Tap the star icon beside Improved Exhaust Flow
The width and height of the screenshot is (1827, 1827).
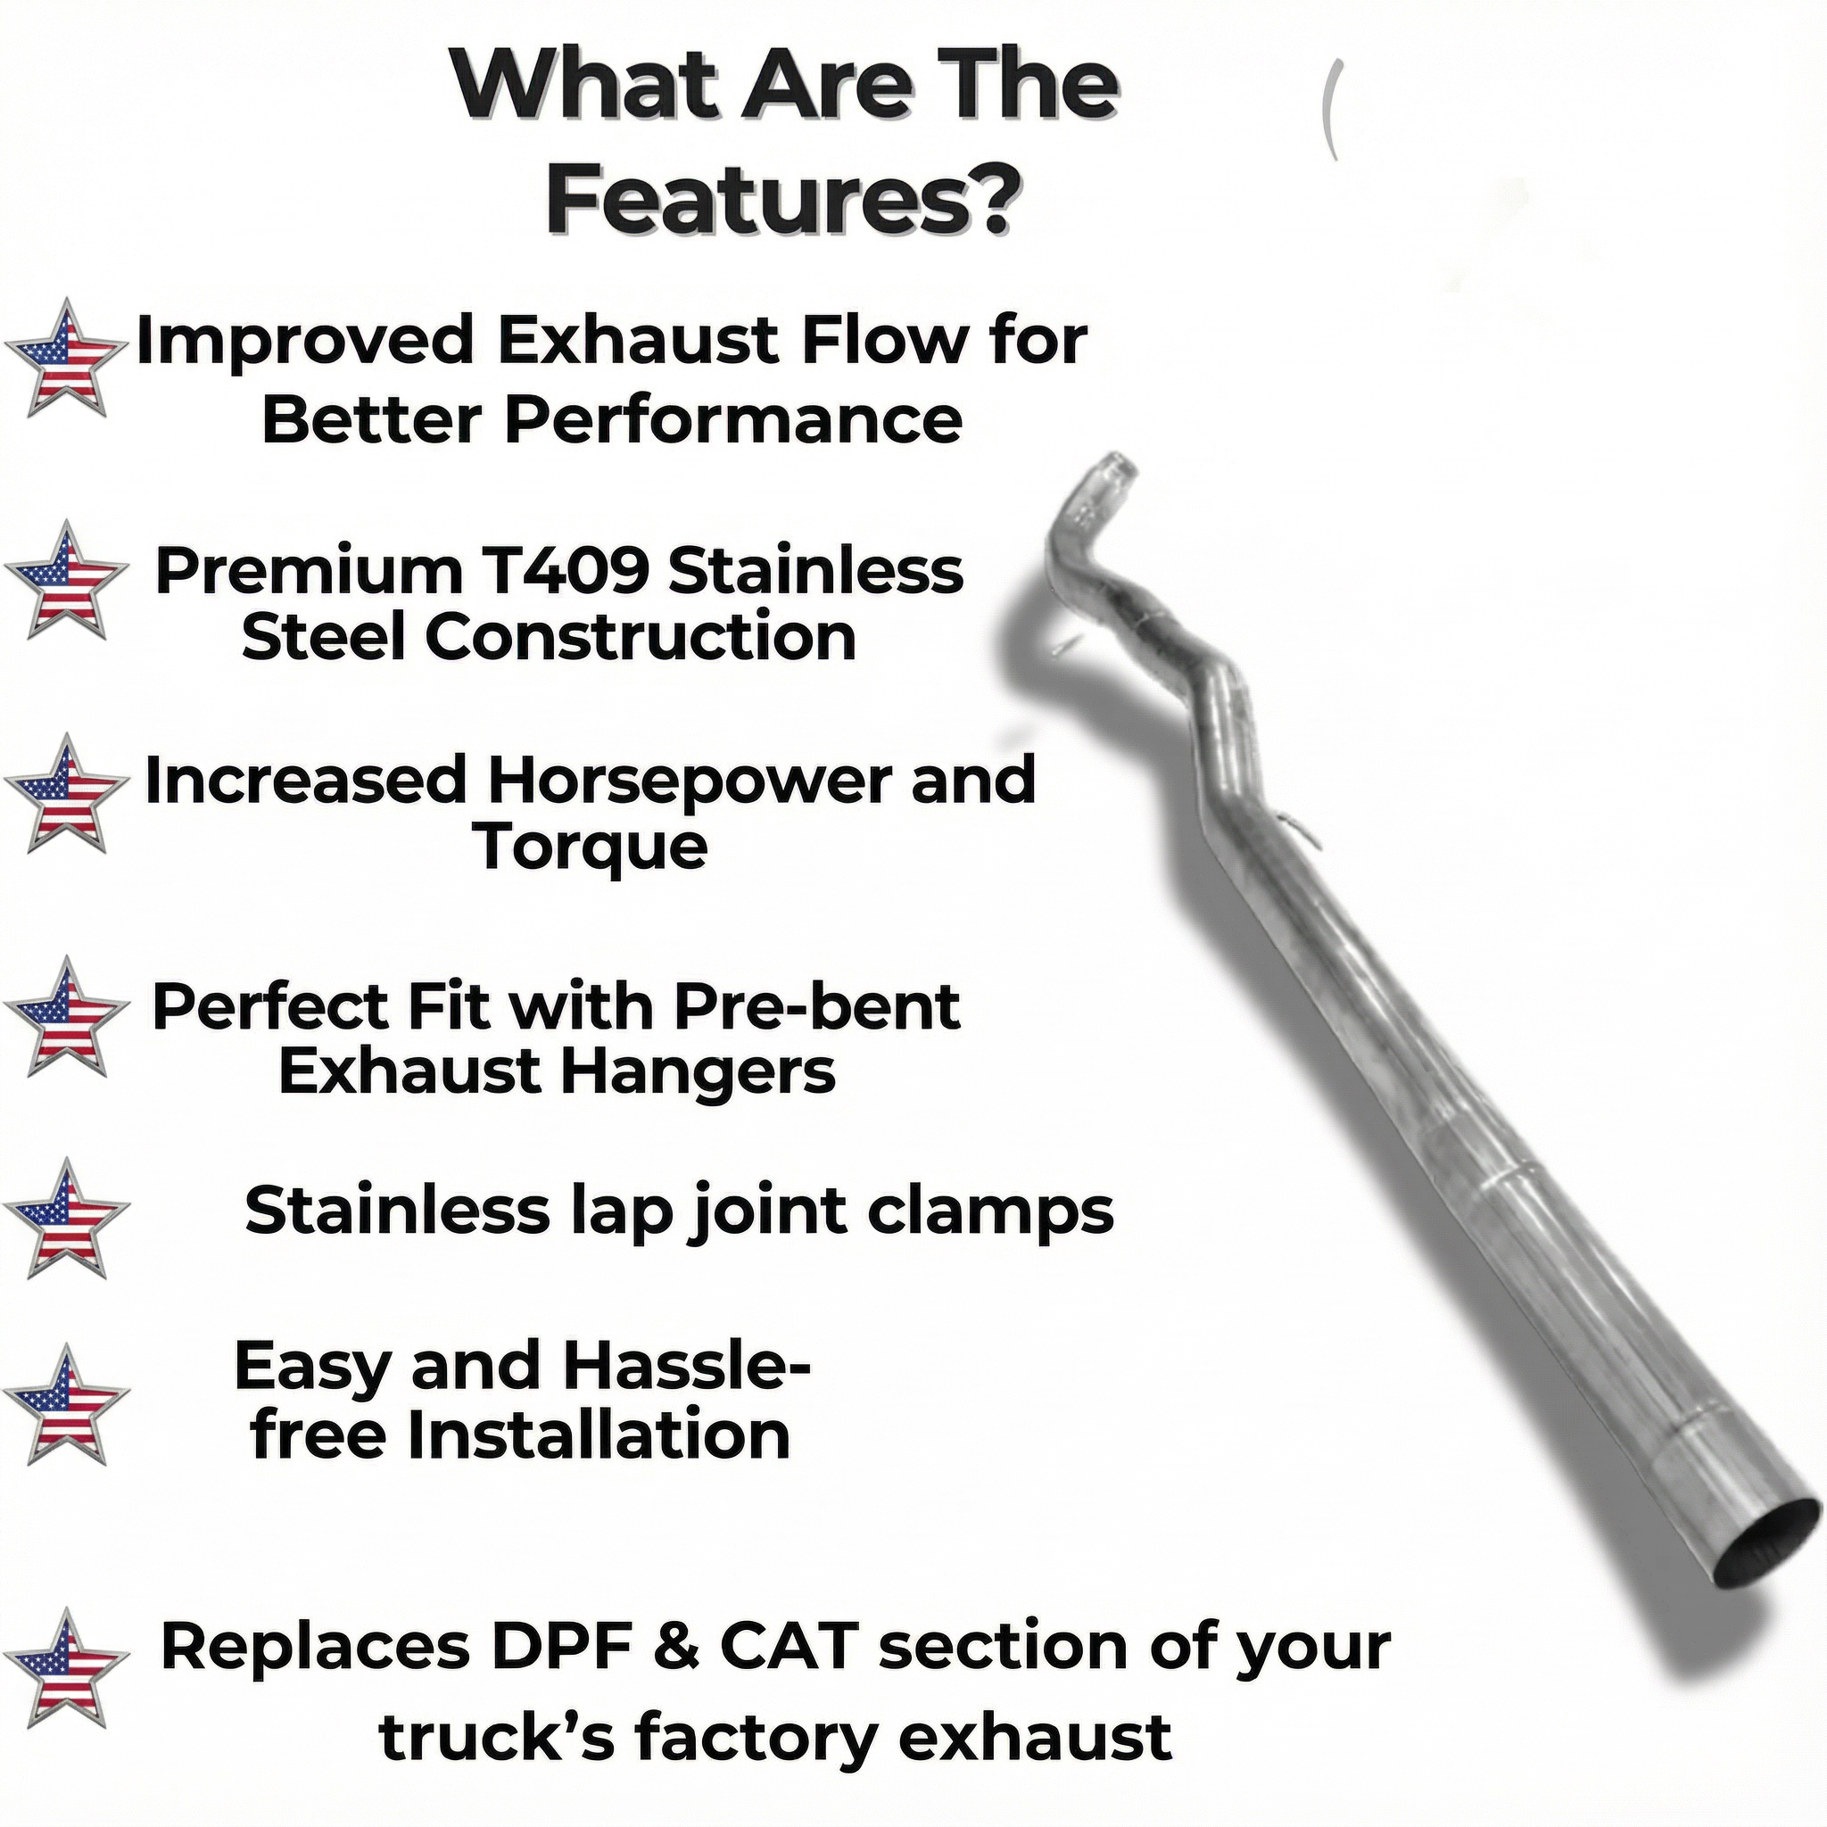[65, 359]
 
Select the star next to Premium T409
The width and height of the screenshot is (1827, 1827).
[65, 580]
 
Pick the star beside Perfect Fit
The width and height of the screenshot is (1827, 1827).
[65, 1017]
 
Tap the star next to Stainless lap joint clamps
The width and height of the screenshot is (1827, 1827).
[65, 1218]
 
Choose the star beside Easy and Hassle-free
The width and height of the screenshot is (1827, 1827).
[65, 1404]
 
